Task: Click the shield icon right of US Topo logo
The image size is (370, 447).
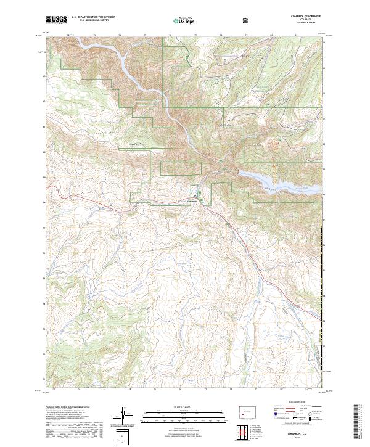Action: click(x=246, y=20)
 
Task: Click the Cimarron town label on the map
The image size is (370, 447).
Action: click(x=192, y=201)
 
